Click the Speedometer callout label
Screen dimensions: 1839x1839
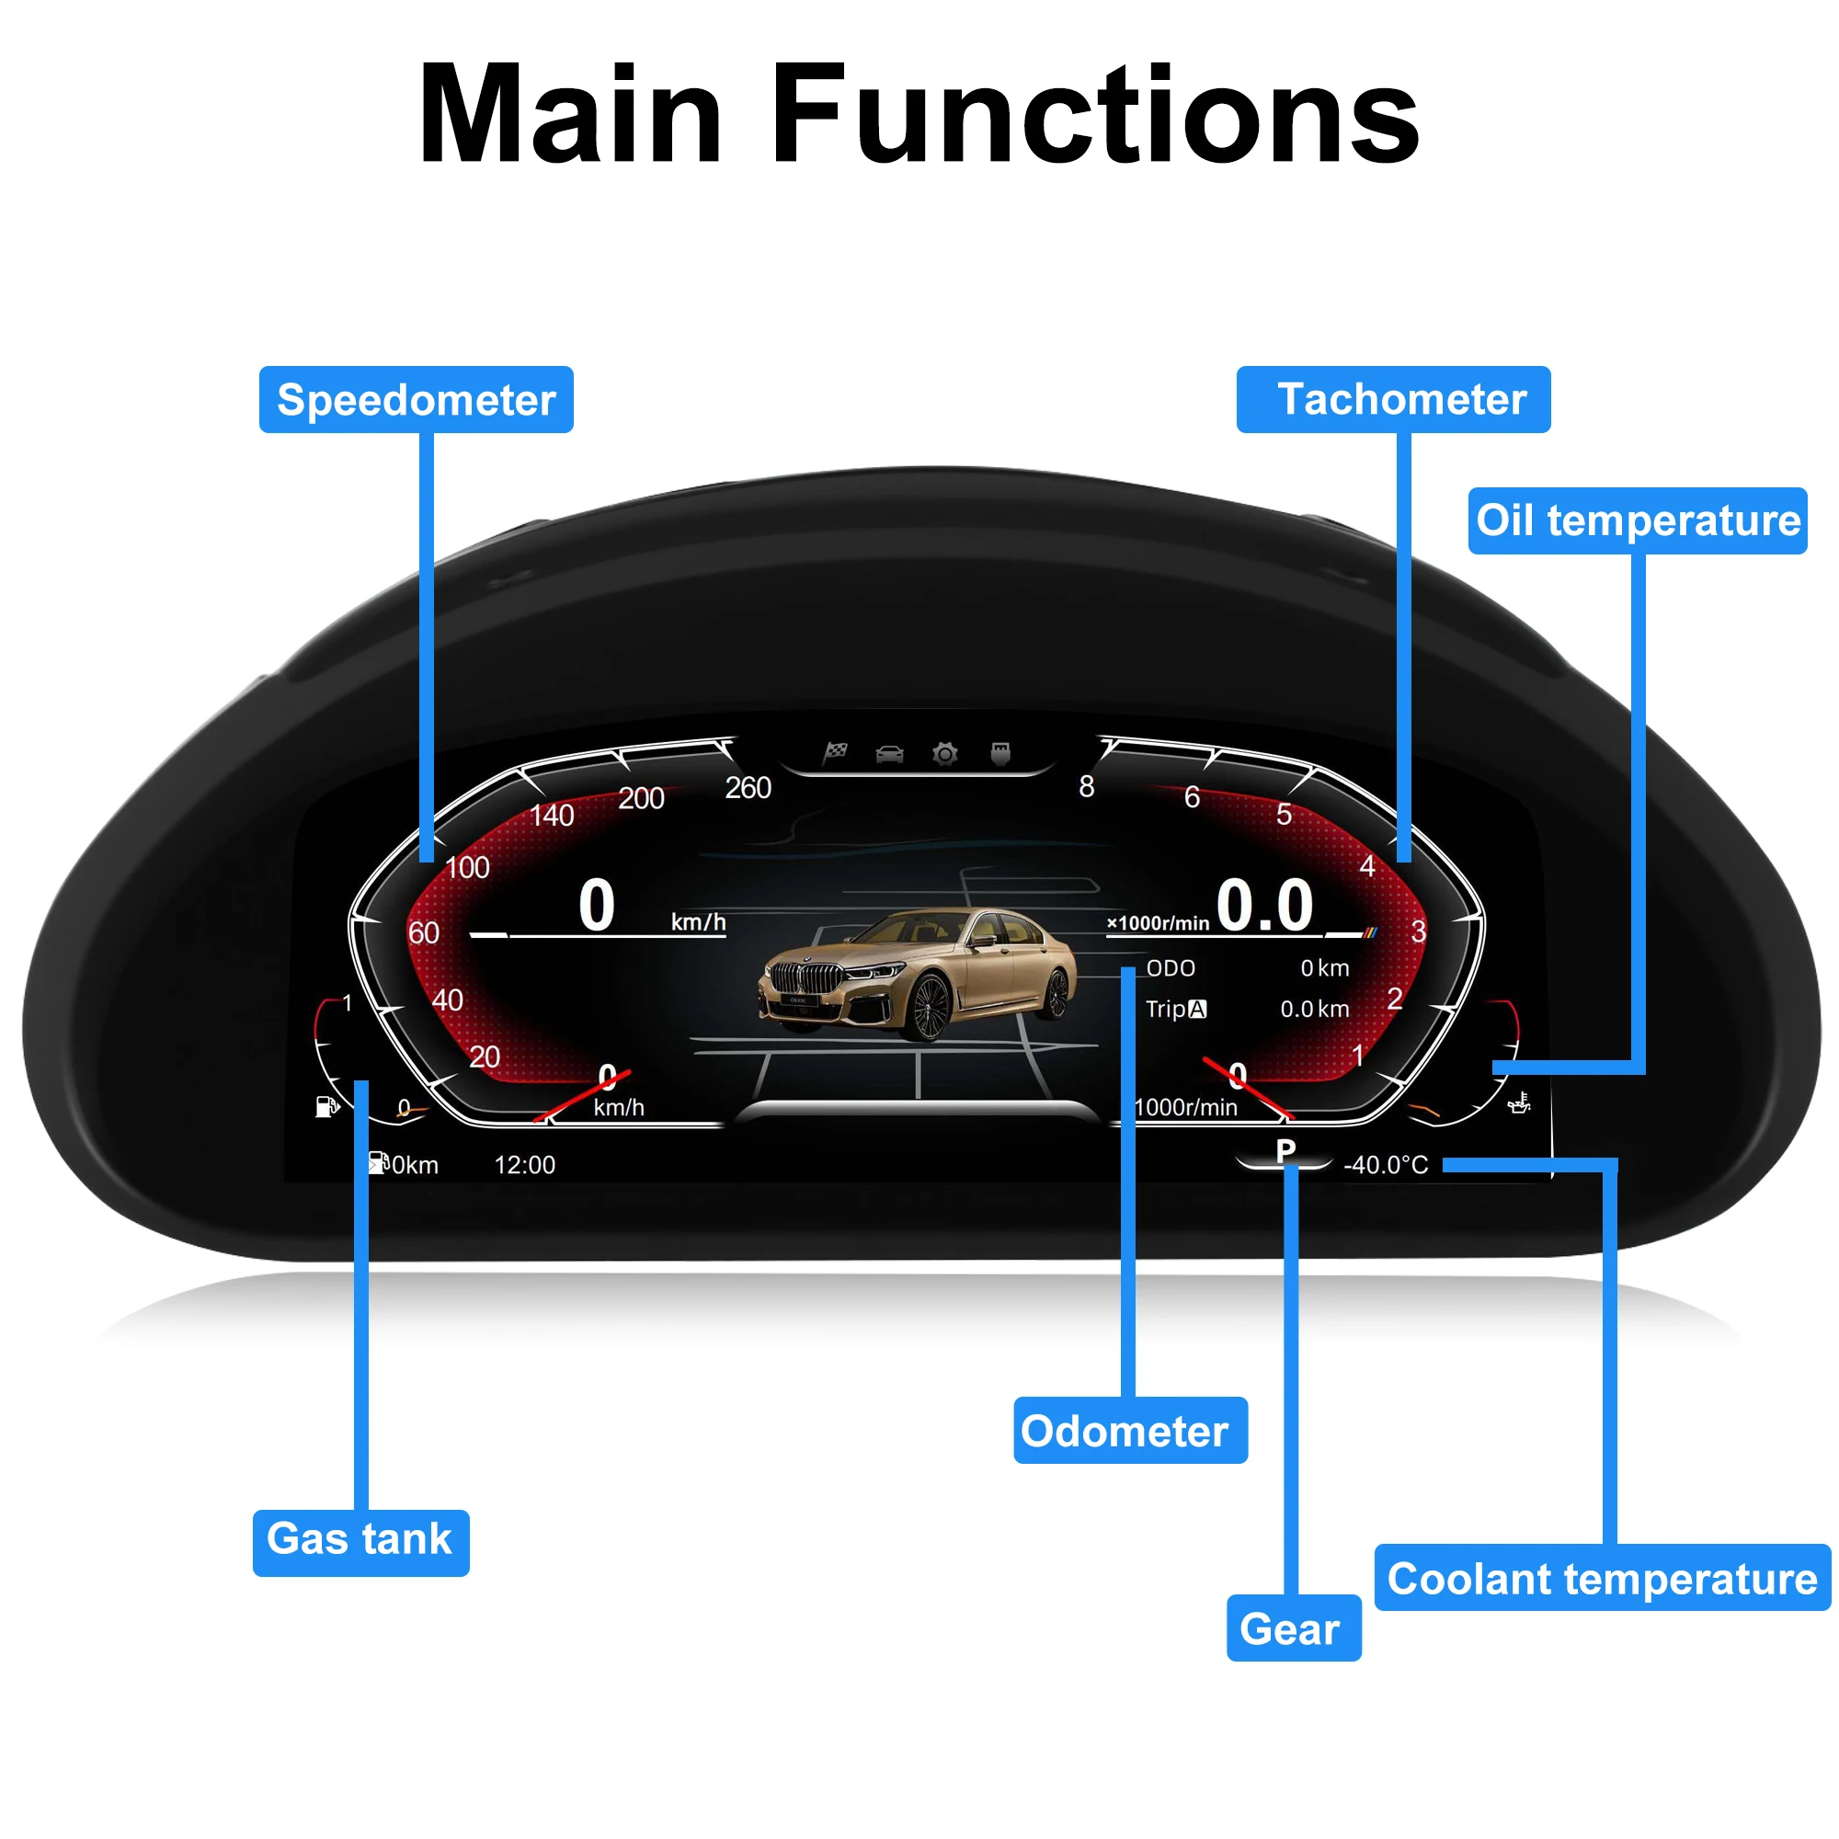[416, 400]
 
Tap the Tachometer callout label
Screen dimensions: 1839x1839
[1394, 400]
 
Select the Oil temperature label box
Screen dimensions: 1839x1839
[1639, 520]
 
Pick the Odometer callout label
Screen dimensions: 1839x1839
[1131, 1430]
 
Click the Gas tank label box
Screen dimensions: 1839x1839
[360, 1543]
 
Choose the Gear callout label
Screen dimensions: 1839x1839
[1294, 1628]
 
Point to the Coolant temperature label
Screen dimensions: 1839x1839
[1603, 1577]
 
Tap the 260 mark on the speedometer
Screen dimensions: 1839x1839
[748, 787]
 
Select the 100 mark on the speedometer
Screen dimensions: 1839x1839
[467, 867]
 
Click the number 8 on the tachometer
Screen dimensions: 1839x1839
[1086, 786]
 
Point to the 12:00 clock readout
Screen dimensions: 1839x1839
[524, 1165]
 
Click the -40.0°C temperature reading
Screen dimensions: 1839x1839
[1386, 1165]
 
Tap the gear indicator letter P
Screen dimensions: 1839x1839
[1285, 1151]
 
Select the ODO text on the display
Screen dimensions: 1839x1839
[1171, 968]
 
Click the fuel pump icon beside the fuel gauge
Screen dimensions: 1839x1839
[326, 1106]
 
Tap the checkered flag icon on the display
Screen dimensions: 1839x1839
[835, 753]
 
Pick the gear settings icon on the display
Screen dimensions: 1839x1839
[945, 755]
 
